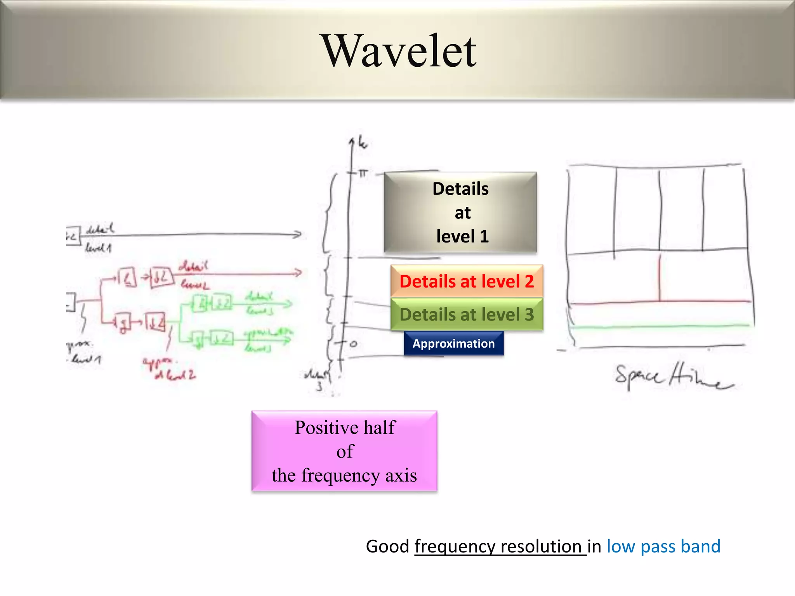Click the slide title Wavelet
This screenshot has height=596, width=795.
pos(400,51)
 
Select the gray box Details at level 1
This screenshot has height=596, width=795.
pos(460,212)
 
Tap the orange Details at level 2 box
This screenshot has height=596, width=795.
pos(467,281)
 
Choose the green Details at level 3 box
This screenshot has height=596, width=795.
pos(467,314)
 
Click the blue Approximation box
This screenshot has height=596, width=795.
pos(453,343)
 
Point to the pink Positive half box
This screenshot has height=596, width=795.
pos(344,451)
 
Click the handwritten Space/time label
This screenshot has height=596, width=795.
pos(673,376)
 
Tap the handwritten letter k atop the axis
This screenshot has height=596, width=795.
pos(362,144)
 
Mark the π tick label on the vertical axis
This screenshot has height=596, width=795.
pos(363,173)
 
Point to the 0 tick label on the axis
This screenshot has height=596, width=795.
pos(353,344)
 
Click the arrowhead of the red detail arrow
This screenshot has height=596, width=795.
pos(298,273)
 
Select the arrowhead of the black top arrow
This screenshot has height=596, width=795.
pos(297,234)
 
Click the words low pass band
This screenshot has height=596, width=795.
pos(663,546)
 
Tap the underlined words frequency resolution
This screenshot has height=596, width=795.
pos(500,546)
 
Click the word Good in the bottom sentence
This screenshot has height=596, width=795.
pos(387,546)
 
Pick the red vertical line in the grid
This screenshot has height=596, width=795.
pos(659,277)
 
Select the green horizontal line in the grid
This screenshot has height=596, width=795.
pos(660,327)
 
